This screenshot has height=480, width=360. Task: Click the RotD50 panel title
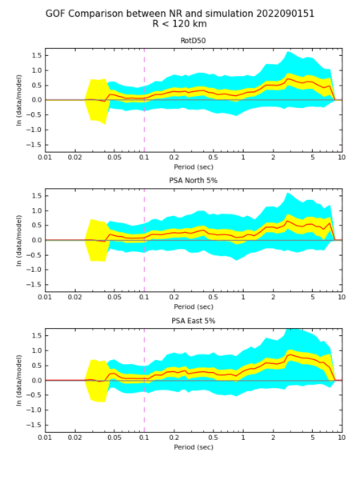[x=193, y=41]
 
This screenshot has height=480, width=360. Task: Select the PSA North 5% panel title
[x=193, y=181]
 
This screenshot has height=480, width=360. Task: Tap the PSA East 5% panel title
[x=193, y=321]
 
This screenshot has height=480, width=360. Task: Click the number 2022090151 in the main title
[x=285, y=14]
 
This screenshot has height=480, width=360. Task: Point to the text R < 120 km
[x=180, y=24]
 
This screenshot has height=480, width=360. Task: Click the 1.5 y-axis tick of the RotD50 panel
[x=36, y=56]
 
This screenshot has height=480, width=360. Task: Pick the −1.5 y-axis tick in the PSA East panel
[x=34, y=425]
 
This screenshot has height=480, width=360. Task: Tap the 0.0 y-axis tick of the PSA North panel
[x=36, y=240]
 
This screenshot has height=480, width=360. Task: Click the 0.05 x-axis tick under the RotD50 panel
[x=114, y=158]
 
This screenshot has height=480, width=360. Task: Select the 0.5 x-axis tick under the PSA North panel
[x=214, y=298]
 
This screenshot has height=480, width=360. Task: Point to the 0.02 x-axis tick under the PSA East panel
[x=74, y=438]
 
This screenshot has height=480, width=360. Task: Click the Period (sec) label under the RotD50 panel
[x=194, y=167]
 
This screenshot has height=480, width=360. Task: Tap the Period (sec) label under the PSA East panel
[x=194, y=447]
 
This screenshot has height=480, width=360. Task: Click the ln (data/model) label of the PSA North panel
[x=19, y=240]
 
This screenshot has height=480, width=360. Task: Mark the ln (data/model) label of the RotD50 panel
[x=19, y=100]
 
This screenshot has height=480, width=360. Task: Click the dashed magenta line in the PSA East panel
[x=144, y=380]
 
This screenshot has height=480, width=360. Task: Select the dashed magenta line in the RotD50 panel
[x=144, y=100]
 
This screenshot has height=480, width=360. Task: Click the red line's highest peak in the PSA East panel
[x=290, y=354]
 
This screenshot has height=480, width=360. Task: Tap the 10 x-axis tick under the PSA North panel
[x=342, y=298]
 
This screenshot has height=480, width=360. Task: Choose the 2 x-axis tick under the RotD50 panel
[x=273, y=158]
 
